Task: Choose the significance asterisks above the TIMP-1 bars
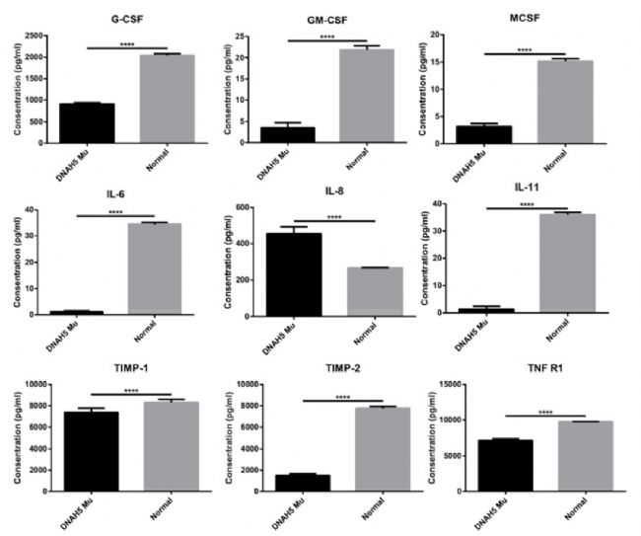[131, 391]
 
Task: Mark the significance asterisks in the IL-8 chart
[333, 217]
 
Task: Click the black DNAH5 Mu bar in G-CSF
[87, 123]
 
